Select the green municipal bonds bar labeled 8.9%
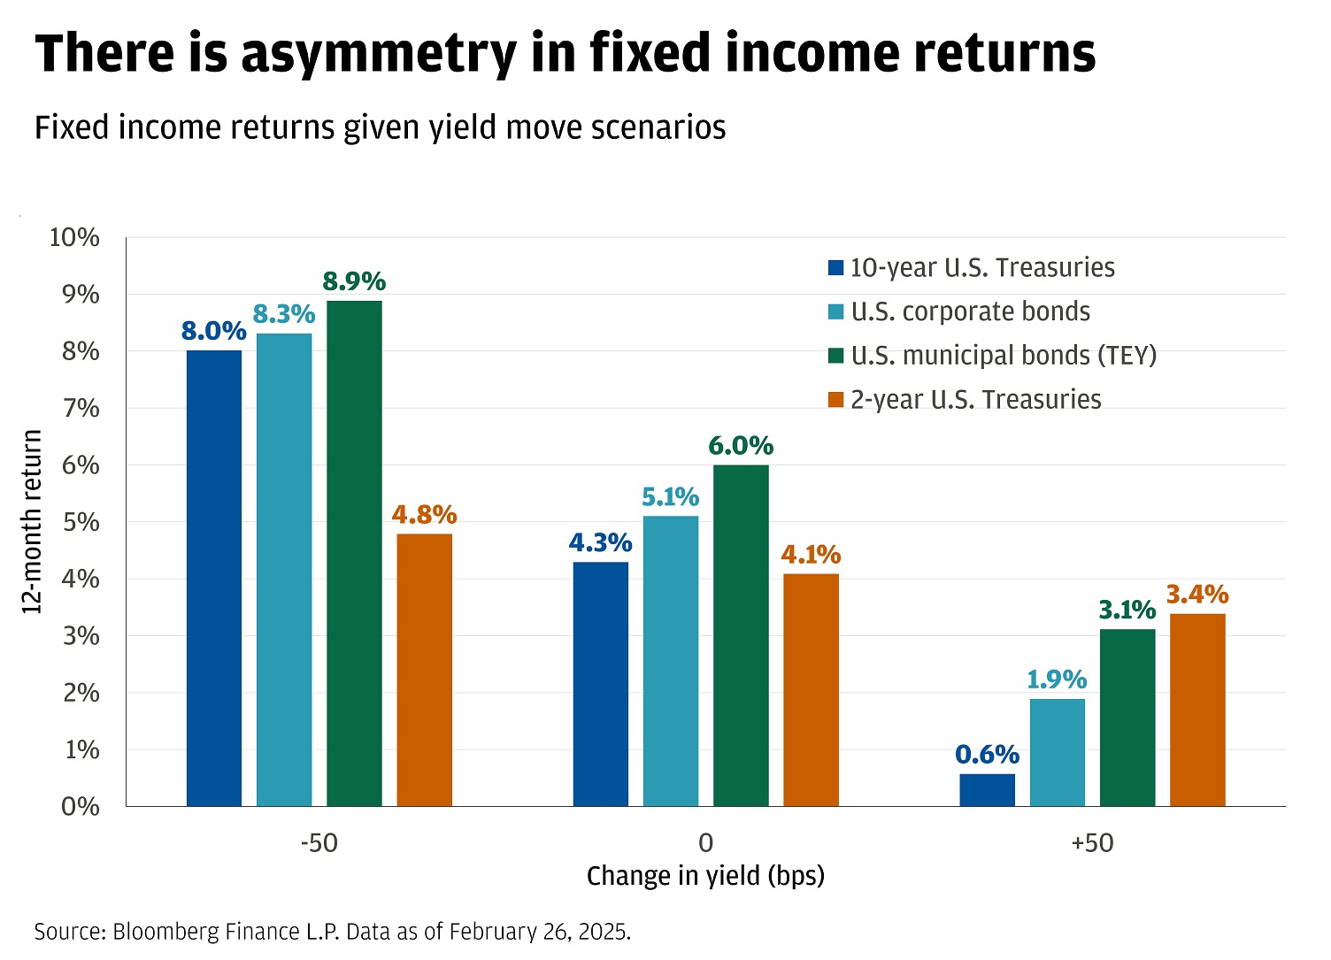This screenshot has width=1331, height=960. [354, 553]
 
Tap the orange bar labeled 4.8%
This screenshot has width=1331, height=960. [424, 670]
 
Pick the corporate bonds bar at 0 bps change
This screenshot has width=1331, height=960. [671, 661]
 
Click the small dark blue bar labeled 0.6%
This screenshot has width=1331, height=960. [987, 790]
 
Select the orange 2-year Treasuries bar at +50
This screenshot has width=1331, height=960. [1197, 710]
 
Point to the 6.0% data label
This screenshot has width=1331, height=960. [741, 445]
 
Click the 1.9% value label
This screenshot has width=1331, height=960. [1057, 680]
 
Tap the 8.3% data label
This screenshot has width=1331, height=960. [284, 314]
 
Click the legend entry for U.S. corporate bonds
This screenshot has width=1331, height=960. [970, 311]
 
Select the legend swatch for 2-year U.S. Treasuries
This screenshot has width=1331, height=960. [835, 400]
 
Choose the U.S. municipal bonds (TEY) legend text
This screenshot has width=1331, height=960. [1004, 356]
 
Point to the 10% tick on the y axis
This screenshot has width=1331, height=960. [76, 237]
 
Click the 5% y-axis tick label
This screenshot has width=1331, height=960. [81, 522]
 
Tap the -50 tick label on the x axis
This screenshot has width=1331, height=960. [319, 843]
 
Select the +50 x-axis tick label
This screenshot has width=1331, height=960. [1092, 843]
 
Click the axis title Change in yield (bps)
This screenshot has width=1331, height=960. [705, 876]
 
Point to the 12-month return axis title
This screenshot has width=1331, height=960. [32, 522]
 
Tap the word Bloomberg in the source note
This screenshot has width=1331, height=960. [167, 932]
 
